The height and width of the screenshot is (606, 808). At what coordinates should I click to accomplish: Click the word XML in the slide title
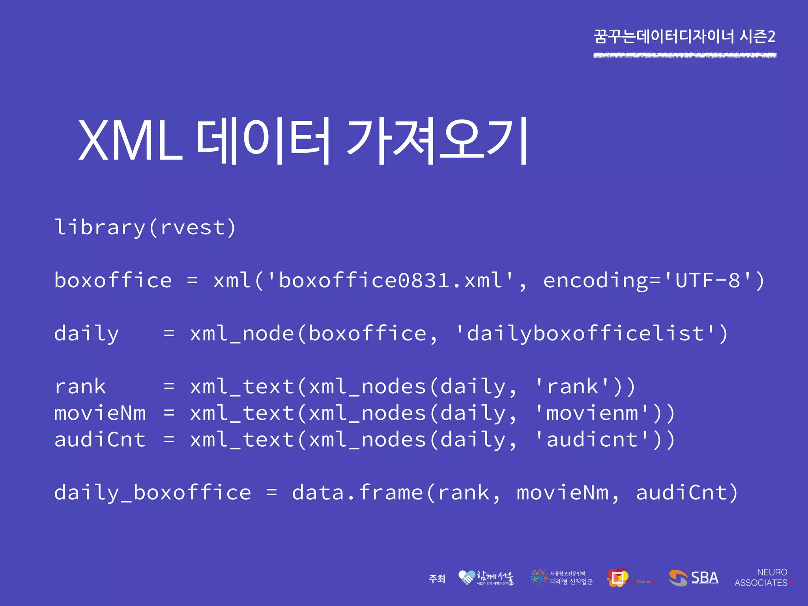coord(130,141)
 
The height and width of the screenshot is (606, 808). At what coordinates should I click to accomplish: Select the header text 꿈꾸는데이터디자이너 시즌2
coord(685,37)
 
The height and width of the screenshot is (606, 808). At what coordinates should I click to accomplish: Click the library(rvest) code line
coord(145,228)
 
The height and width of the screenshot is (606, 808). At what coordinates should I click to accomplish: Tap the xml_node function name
coord(242,334)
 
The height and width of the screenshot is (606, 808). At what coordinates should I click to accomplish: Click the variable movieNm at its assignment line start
coord(100,413)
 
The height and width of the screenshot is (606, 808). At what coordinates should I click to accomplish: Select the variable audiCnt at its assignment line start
coord(100,440)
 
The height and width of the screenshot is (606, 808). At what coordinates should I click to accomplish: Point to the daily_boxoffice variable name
coord(152,493)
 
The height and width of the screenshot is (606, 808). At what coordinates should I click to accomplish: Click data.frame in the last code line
coord(357,493)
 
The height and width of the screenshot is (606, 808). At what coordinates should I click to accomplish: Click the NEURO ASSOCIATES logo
coord(764,578)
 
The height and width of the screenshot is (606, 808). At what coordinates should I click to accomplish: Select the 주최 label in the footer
coord(437,579)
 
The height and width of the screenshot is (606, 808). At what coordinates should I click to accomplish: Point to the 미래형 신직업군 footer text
coord(571,582)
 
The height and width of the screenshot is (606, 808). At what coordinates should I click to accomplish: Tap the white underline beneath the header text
coord(685,56)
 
